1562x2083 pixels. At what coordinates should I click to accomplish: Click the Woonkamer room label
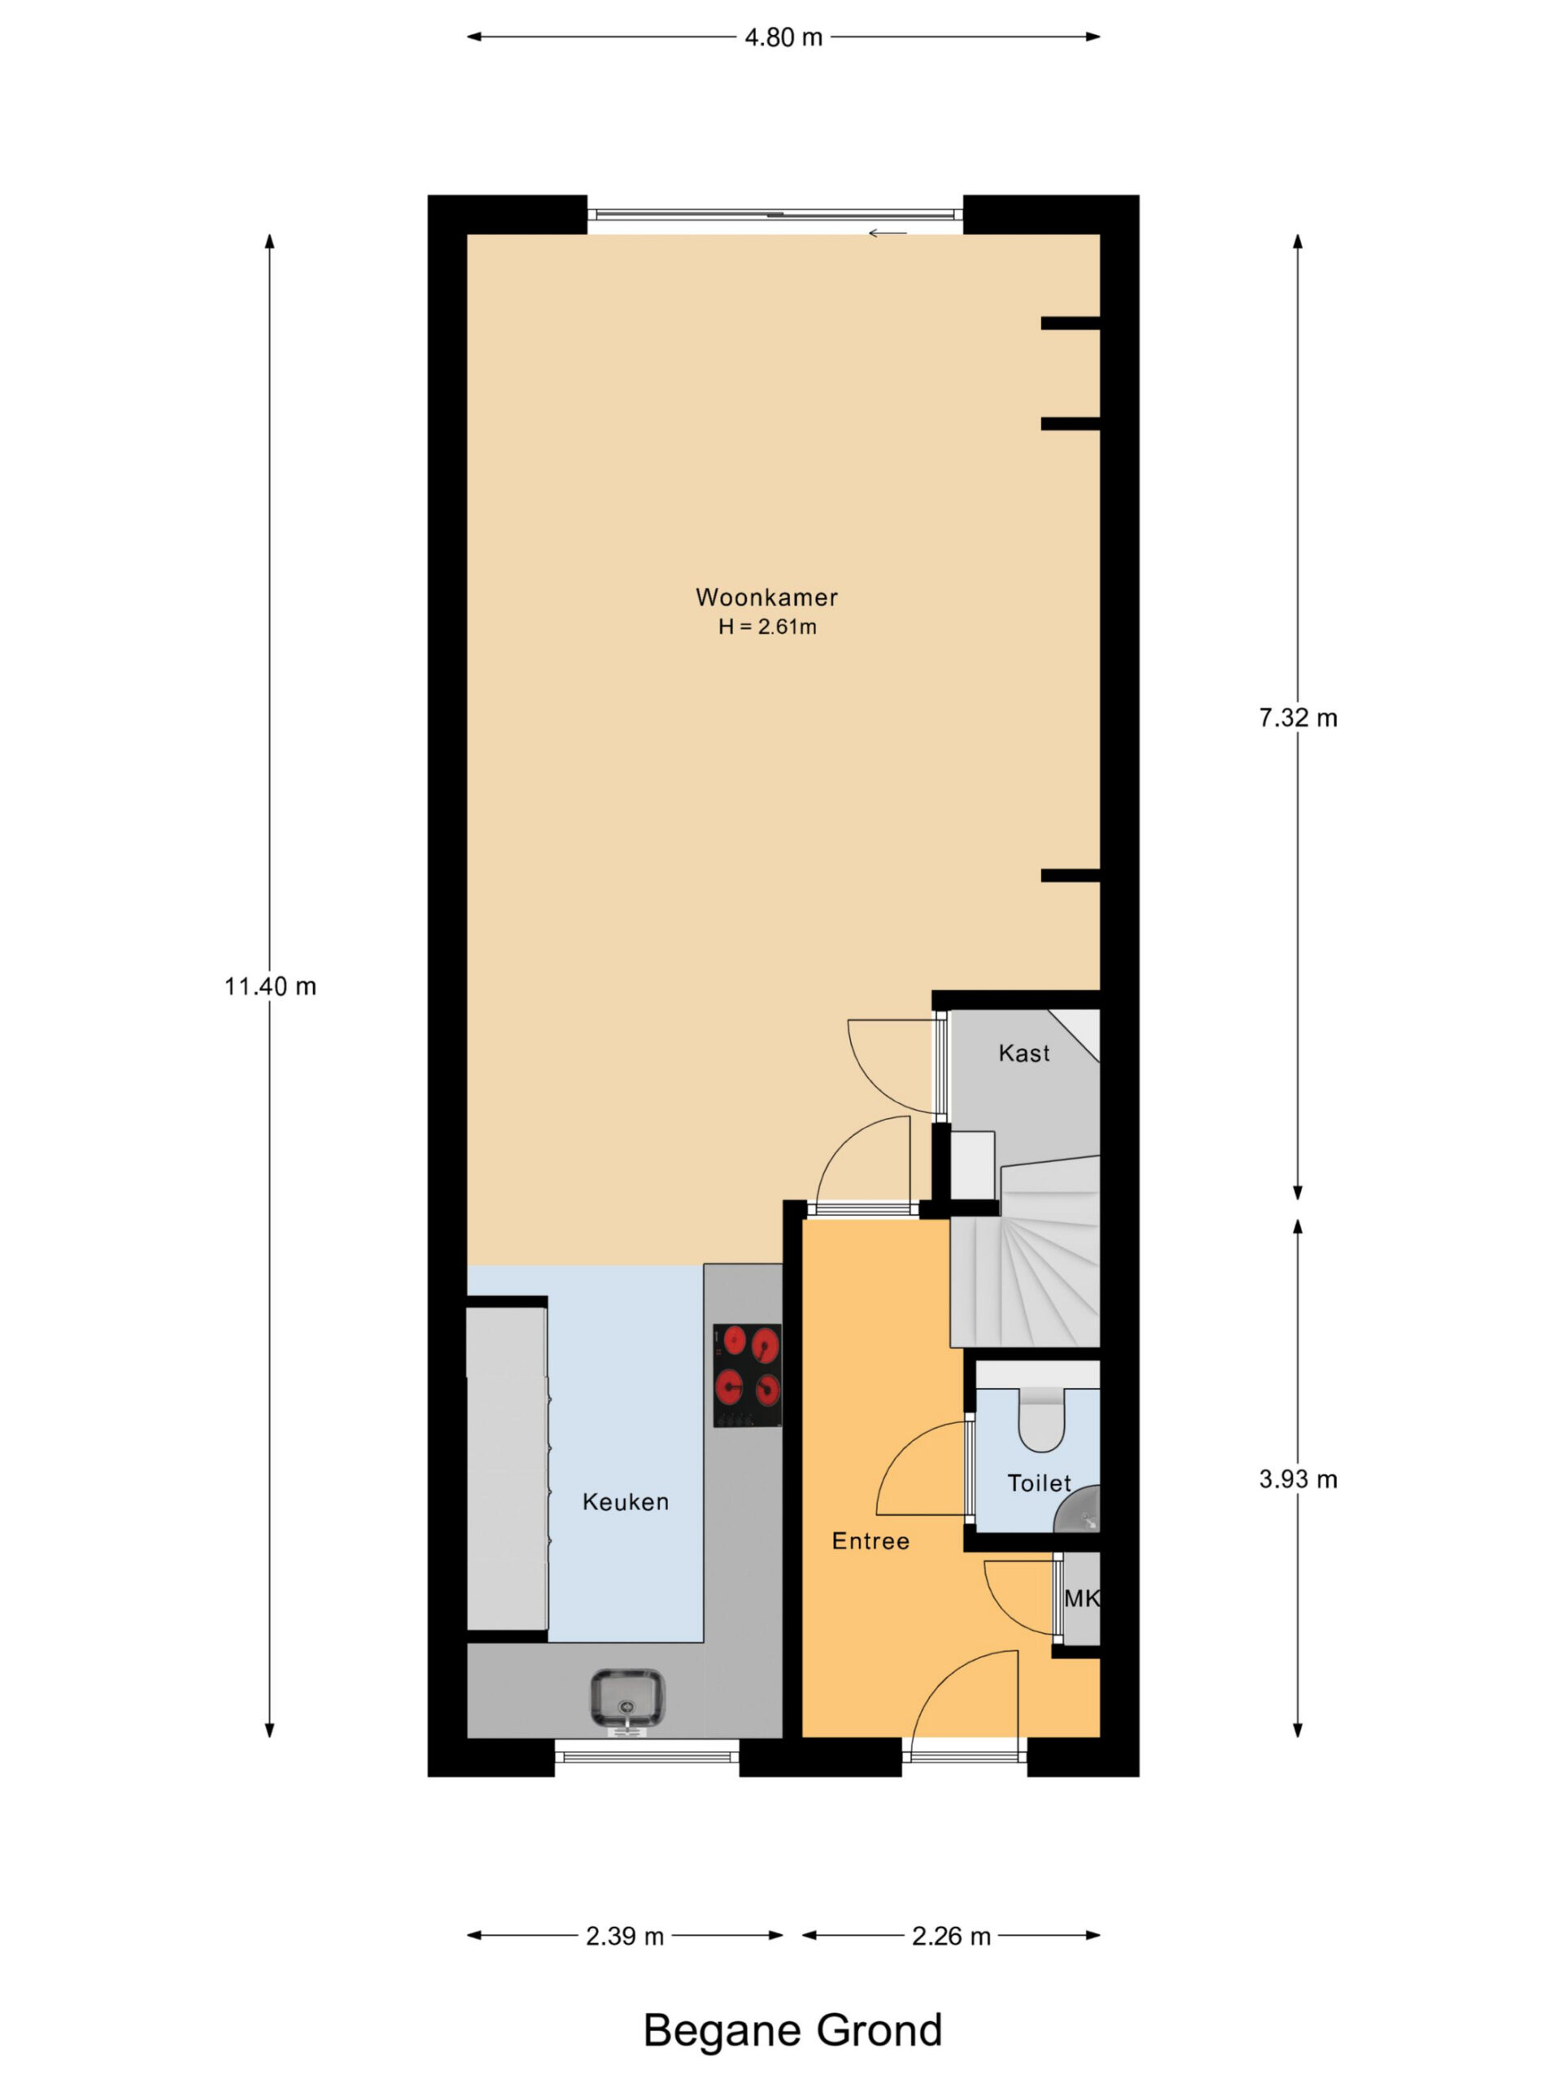pos(766,596)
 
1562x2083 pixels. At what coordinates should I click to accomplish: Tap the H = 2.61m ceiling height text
pos(766,627)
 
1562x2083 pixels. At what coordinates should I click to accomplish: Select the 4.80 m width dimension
pos(783,37)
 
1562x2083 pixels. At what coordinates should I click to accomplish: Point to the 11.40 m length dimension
pos(270,986)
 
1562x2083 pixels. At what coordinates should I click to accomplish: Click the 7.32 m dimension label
pos(1298,718)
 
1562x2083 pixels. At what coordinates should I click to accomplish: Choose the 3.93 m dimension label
pos(1298,1479)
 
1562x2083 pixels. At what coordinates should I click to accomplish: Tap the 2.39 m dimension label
pos(624,1936)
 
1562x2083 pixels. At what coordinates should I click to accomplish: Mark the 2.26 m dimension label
pos(951,1936)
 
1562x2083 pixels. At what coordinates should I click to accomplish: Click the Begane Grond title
pos(792,2030)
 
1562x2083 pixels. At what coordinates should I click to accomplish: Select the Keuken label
pos(625,1502)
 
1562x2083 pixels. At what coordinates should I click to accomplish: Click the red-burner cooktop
pos(747,1376)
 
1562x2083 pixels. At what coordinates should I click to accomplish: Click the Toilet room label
pos(1039,1484)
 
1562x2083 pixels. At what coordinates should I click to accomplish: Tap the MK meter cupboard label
pos(1081,1599)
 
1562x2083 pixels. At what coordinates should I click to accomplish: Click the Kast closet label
pos(1023,1053)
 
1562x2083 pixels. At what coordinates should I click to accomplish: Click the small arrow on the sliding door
pos(887,234)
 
